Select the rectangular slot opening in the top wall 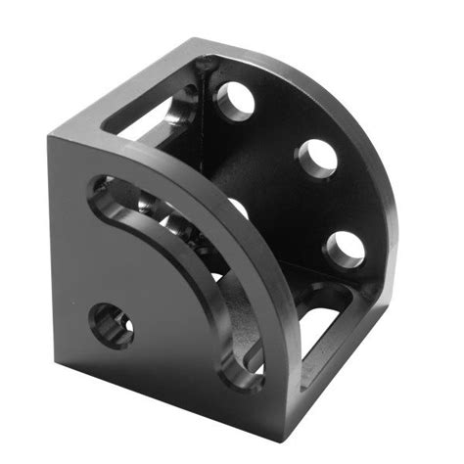pyautogui.click(x=147, y=117)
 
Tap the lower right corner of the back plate pyautogui.click(x=377, y=294)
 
